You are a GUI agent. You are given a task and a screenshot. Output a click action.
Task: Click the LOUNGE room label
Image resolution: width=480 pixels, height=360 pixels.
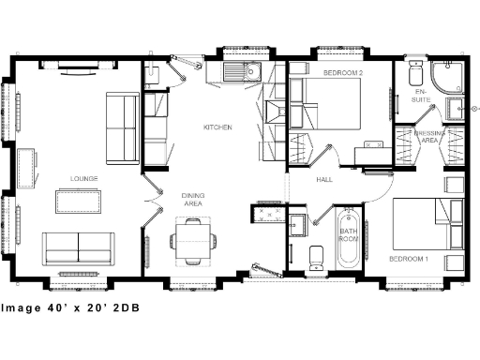coord(83,178)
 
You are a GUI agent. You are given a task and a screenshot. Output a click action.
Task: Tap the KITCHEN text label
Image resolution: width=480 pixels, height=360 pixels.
coord(217,127)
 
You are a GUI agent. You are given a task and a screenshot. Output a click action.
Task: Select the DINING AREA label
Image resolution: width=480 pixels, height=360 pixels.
coord(192,199)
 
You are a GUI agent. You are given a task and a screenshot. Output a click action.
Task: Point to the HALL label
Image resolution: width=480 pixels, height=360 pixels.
coord(324,178)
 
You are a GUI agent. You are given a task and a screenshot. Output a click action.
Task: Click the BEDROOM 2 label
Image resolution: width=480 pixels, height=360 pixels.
coord(344,72)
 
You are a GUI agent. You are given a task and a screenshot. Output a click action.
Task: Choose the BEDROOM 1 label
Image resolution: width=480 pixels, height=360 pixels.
coord(410,257)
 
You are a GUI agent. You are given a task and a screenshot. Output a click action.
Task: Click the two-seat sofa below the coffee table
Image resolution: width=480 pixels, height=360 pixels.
coord(78,247)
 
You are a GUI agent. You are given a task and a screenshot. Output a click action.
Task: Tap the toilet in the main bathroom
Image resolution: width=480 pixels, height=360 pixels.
coord(316,254)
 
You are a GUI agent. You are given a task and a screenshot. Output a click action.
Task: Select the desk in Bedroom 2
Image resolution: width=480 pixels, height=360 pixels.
coord(371,152)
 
